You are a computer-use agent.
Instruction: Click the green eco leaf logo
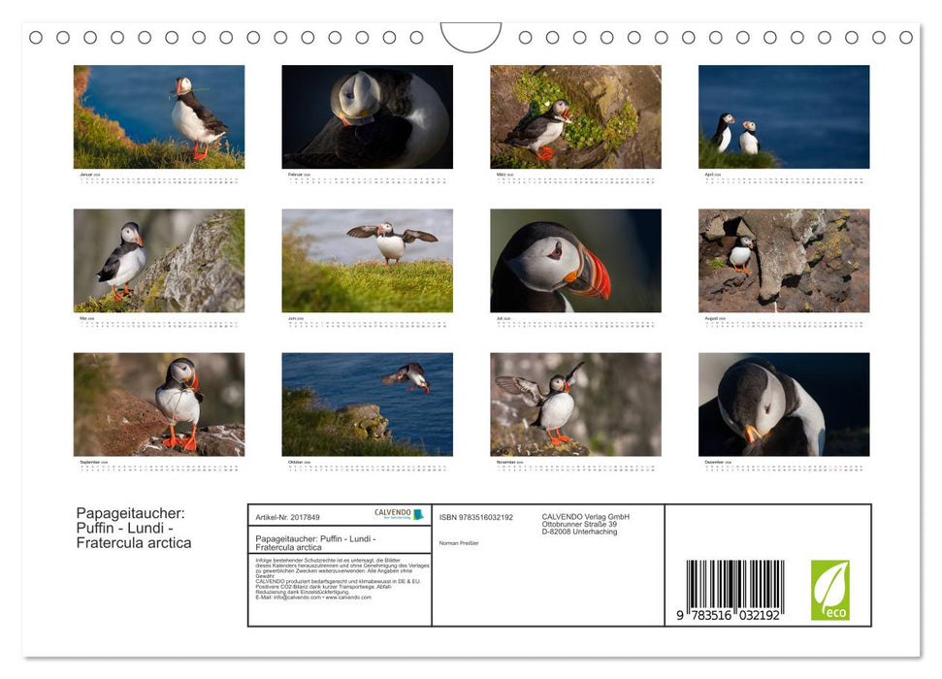click(x=829, y=590)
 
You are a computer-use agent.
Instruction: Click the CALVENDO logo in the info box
click(x=399, y=515)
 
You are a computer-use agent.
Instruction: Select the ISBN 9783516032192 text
click(x=476, y=518)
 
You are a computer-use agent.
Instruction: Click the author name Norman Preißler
click(x=459, y=543)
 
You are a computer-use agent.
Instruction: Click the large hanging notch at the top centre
click(x=471, y=37)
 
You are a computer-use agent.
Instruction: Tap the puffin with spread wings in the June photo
click(x=391, y=241)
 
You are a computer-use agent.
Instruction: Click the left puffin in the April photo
click(x=723, y=132)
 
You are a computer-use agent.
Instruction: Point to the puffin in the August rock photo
click(x=741, y=253)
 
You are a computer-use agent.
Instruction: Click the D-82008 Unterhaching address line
click(x=579, y=533)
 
